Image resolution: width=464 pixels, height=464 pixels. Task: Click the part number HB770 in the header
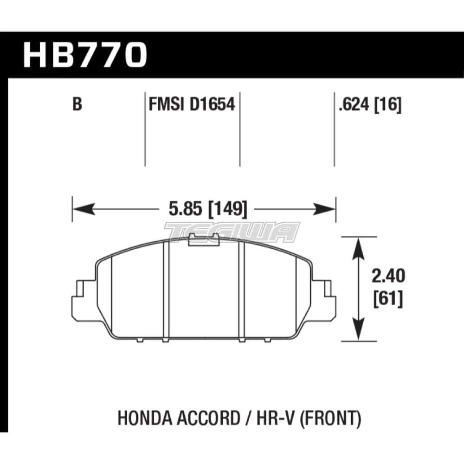point(85,55)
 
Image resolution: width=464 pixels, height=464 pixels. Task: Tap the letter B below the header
point(77,105)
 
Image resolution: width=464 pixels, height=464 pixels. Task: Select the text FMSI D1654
point(192,105)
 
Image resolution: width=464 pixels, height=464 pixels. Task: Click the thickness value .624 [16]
point(370,105)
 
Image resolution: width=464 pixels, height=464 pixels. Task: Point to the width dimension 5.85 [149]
point(204,210)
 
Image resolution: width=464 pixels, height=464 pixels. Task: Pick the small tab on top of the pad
point(204,238)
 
